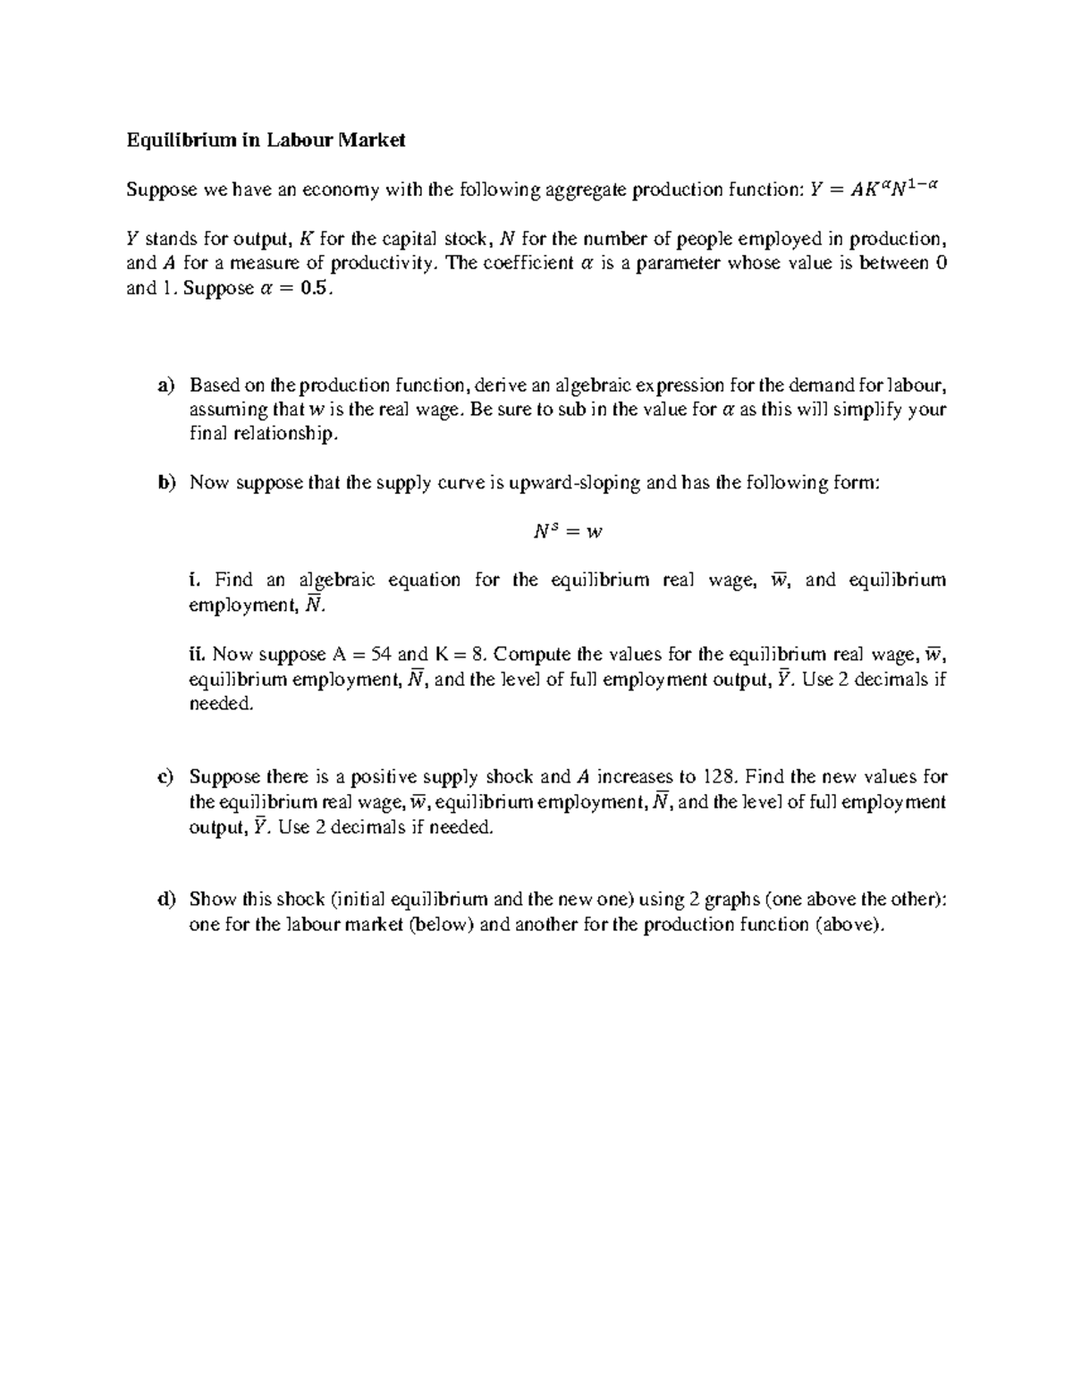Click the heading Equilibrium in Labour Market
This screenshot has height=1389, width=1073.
click(x=266, y=140)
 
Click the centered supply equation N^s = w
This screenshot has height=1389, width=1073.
click(x=568, y=531)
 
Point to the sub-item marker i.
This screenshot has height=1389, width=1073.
click(x=194, y=580)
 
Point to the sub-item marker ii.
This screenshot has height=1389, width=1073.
click(x=198, y=653)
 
